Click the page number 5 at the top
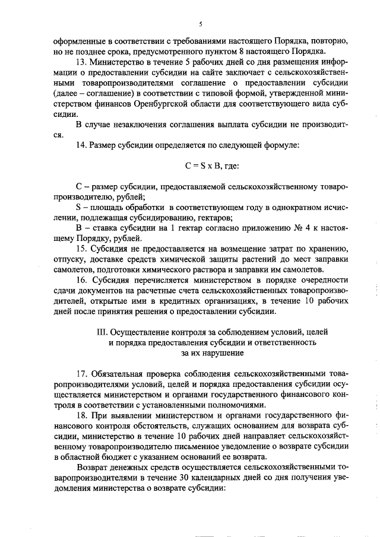[201, 24]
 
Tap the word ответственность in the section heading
[285, 342]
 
